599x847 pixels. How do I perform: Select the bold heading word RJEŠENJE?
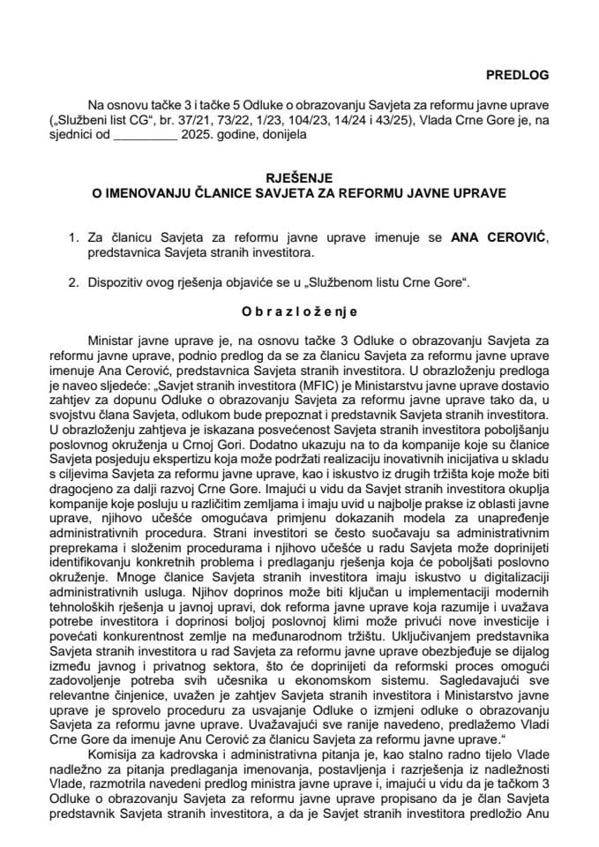click(x=300, y=176)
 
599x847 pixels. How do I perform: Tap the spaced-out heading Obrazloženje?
click(x=300, y=311)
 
